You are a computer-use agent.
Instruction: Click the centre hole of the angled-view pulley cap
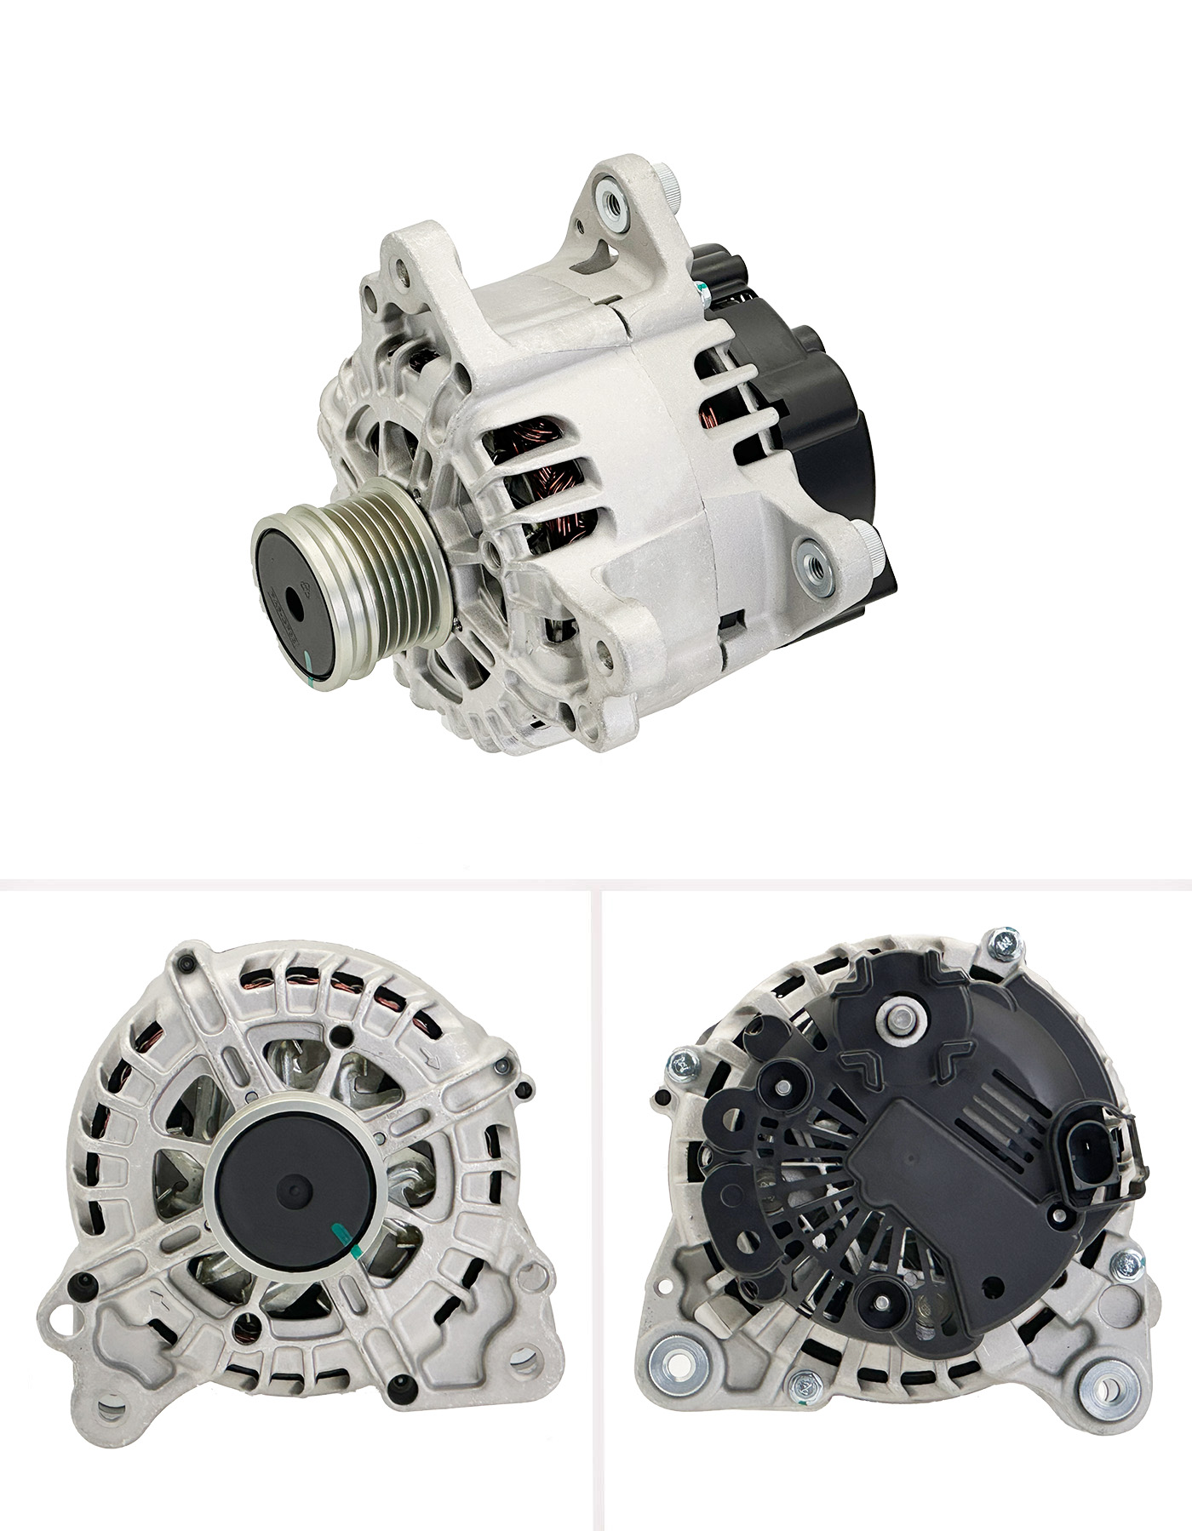(299, 593)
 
